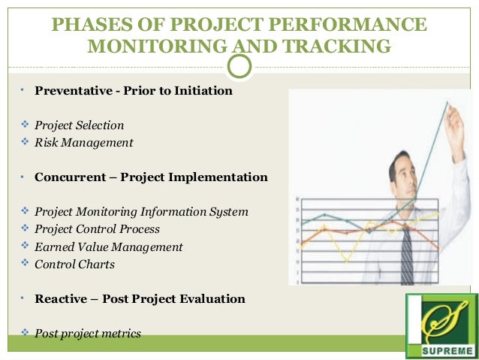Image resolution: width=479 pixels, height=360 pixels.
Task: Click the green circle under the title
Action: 239,66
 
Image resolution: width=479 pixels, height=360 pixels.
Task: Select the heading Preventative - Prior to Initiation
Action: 133,91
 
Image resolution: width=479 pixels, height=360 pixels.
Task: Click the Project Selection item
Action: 79,126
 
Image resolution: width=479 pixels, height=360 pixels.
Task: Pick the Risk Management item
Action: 83,142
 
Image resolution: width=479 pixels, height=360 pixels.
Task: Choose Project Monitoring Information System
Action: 141,212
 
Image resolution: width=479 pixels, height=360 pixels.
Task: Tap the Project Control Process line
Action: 97,228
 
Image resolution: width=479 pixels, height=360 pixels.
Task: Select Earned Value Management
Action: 108,247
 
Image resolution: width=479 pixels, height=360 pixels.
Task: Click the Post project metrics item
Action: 87,333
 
